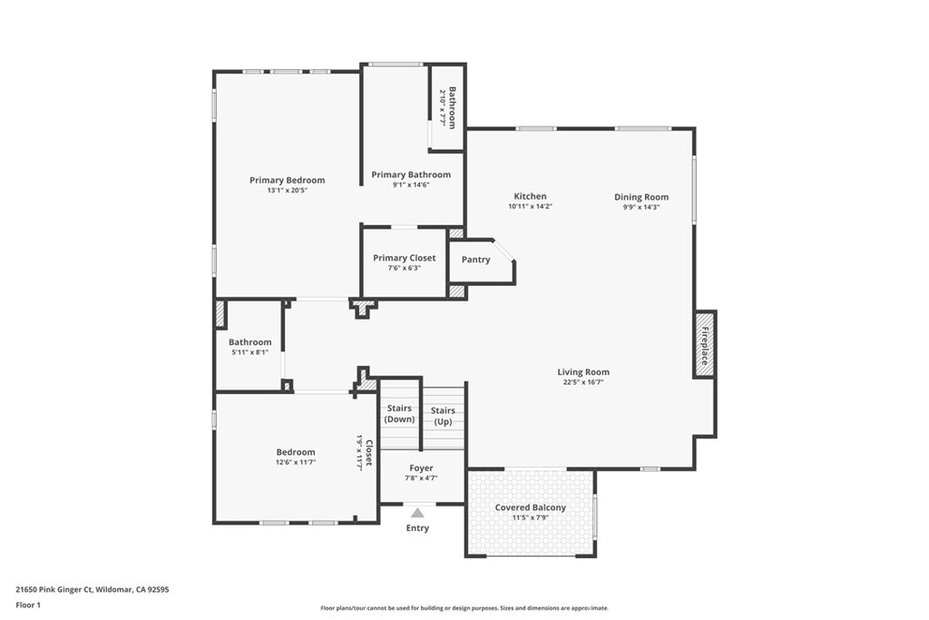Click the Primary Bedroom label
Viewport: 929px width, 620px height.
pos(287,180)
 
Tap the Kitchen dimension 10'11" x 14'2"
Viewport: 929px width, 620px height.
pos(530,207)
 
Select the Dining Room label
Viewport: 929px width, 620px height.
pos(641,197)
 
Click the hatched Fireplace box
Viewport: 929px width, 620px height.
pos(705,344)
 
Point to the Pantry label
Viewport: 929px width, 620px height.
pos(475,260)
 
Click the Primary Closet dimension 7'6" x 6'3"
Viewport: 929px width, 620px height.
pos(404,269)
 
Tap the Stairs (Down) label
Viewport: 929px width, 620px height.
pos(399,414)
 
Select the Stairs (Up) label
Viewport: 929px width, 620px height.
pos(443,416)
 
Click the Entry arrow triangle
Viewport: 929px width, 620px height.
pos(417,513)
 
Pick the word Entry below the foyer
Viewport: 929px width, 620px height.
pos(417,528)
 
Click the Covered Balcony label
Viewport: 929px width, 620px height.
pos(530,507)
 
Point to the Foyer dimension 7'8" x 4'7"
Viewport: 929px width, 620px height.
pos(421,478)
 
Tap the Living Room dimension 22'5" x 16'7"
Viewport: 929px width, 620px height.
pos(582,382)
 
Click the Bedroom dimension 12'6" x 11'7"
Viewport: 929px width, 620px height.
pos(296,462)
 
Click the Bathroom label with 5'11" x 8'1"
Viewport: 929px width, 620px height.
pos(249,342)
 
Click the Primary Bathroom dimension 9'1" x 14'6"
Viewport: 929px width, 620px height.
pos(410,184)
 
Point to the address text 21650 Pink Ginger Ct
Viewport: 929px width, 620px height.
pos(92,589)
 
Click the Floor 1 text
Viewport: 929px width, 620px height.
pos(28,605)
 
